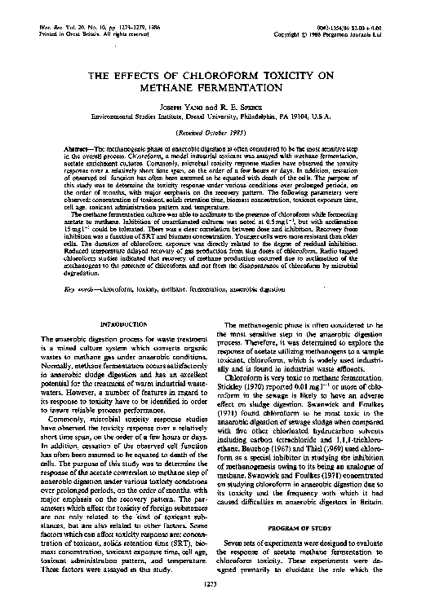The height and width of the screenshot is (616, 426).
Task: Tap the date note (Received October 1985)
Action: click(x=213, y=132)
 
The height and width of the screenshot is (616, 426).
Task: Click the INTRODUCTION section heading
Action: click(x=122, y=324)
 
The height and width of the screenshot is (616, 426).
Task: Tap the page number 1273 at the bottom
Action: click(x=213, y=605)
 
